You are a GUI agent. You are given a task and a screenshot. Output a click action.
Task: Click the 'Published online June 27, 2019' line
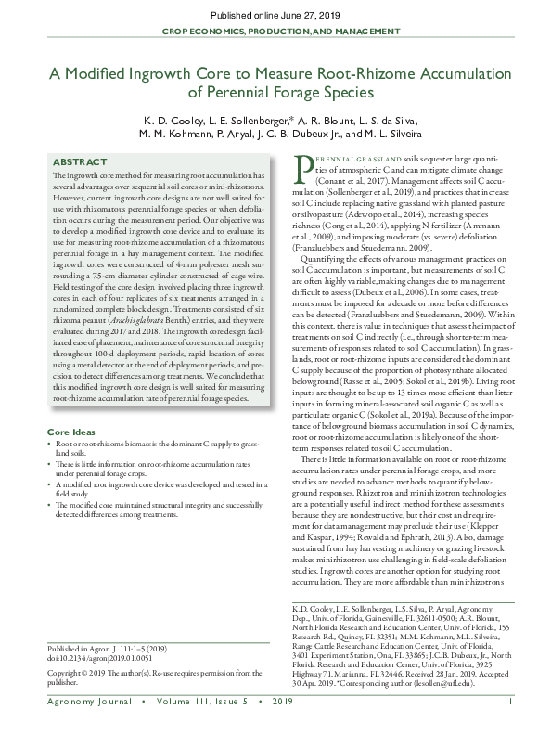pyautogui.click(x=275, y=15)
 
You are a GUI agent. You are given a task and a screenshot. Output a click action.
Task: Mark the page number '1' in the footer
pyautogui.click(x=511, y=712)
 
